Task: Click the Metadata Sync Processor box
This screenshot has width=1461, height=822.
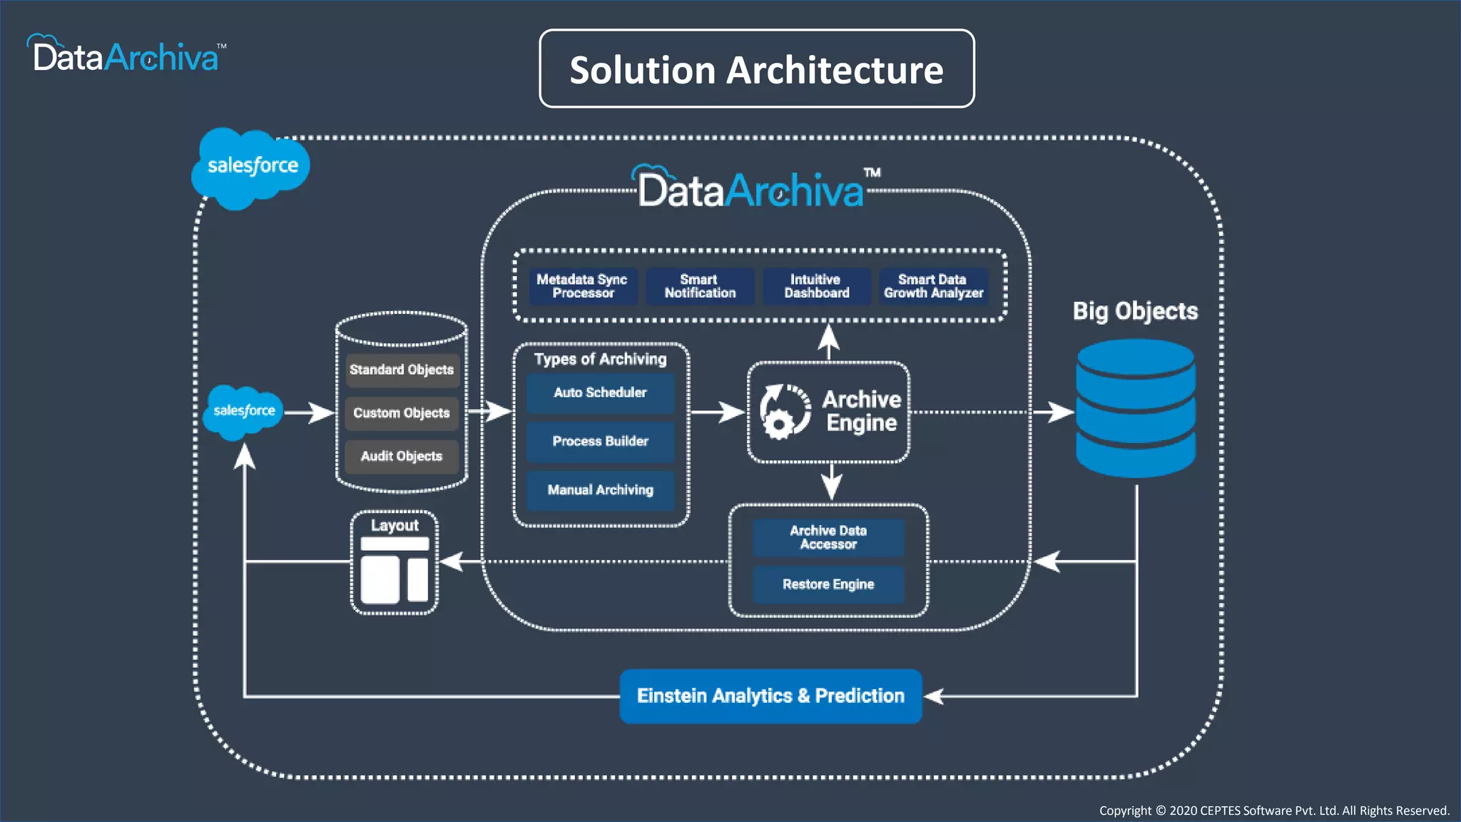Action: pyautogui.click(x=582, y=286)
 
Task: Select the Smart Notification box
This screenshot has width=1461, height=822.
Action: pyautogui.click(x=700, y=286)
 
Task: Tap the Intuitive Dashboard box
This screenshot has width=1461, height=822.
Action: pyautogui.click(x=817, y=286)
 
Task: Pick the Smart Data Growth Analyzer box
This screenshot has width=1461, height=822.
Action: pyautogui.click(x=933, y=286)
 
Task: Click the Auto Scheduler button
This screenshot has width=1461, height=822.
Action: pyautogui.click(x=600, y=393)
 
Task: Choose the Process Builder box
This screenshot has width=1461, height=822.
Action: pyautogui.click(x=600, y=442)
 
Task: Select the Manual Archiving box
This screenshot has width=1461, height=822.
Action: pyautogui.click(x=600, y=490)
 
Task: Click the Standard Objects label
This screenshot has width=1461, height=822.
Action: pyautogui.click(x=402, y=370)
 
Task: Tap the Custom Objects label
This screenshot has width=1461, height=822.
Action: pyautogui.click(x=402, y=413)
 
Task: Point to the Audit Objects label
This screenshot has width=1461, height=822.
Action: pyautogui.click(x=402, y=457)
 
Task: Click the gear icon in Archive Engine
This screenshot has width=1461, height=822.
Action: pyautogui.click(x=778, y=424)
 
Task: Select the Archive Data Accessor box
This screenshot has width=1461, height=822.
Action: pyautogui.click(x=828, y=537)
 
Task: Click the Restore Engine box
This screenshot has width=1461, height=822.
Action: pyautogui.click(x=828, y=584)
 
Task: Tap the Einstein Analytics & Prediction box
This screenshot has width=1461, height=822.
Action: pyautogui.click(x=770, y=696)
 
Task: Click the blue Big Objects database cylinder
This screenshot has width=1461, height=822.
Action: pyautogui.click(x=1135, y=408)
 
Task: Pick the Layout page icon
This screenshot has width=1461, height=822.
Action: pyautogui.click(x=394, y=570)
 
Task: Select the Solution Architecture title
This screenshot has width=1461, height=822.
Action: pyautogui.click(x=756, y=69)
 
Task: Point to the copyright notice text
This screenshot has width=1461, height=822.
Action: pyautogui.click(x=1274, y=811)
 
